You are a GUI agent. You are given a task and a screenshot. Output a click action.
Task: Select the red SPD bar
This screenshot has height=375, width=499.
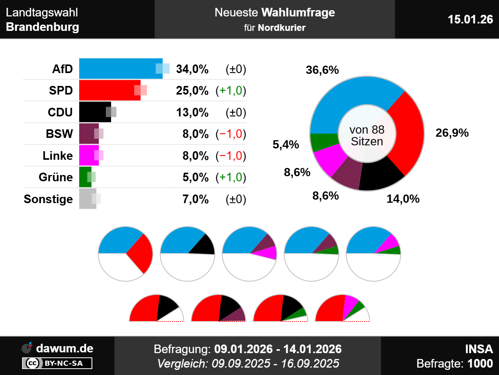coord(109,90)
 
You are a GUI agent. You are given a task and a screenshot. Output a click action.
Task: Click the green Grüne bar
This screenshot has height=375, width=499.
coord(85,177)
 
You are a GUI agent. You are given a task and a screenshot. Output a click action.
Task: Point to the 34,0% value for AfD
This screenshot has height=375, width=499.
coord(192,69)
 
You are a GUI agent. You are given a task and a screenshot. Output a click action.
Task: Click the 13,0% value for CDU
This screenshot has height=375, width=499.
coord(192,112)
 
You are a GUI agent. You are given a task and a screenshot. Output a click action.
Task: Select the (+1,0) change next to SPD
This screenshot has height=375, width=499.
coord(231,91)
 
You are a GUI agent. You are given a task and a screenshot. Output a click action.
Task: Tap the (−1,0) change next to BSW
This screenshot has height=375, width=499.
coord(231,134)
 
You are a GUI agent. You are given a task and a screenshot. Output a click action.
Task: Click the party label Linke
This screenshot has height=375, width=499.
coord(58,156)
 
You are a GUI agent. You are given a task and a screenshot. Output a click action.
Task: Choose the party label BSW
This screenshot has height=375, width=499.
coord(59,134)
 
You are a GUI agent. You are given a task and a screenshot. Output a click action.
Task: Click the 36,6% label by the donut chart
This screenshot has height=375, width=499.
coord(322,70)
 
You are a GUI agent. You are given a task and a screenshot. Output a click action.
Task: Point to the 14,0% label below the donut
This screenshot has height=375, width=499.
coord(403,199)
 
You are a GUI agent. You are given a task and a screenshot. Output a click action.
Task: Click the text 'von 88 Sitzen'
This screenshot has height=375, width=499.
coord(367,136)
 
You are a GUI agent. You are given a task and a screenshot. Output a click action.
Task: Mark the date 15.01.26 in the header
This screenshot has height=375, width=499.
coord(470,19)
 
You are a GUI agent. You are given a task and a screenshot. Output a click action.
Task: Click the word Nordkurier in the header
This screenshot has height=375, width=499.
coord(281,28)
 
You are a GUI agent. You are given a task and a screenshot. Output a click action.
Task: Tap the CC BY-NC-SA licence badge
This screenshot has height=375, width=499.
coord(57,363)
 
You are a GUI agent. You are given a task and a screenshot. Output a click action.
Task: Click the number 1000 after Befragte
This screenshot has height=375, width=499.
coord(480,364)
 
